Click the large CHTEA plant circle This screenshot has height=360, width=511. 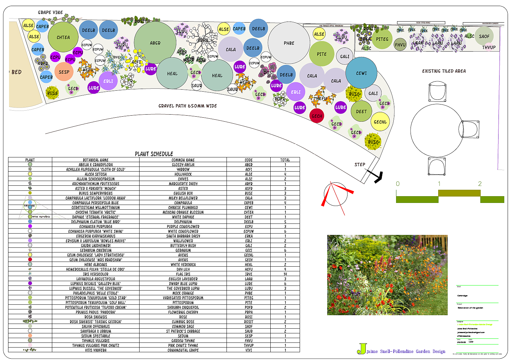pyautogui.click(x=63, y=37)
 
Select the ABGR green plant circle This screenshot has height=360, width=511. pyautogui.click(x=155, y=42)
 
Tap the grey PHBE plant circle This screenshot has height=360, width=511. pyautogui.click(x=289, y=43)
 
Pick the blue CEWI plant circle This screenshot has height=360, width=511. pyautogui.click(x=361, y=73)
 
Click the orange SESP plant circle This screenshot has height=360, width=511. pyautogui.click(x=64, y=72)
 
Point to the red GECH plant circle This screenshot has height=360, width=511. pyautogui.click(x=317, y=116)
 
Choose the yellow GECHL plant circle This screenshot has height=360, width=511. pyautogui.click(x=380, y=122)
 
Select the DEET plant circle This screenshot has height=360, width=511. pyautogui.click(x=361, y=111)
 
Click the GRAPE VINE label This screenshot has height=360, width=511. pyautogui.click(x=51, y=12)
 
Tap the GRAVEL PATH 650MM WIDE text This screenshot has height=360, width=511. pyautogui.click(x=188, y=106)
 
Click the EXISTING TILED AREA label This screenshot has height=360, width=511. pyautogui.click(x=444, y=71)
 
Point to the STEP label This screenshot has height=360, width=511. pyautogui.click(x=360, y=164)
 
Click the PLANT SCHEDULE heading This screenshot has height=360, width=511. pyautogui.click(x=154, y=154)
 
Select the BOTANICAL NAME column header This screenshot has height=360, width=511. pyautogui.click(x=96, y=160)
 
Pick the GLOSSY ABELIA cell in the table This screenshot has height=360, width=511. pyautogui.click(x=183, y=165)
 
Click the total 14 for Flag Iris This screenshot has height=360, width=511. pyautogui.click(x=285, y=274)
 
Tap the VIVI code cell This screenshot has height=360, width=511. pyautogui.click(x=249, y=350)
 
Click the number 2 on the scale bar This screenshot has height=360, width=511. pyautogui.click(x=480, y=184)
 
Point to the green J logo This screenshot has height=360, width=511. pyautogui.click(x=362, y=349)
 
